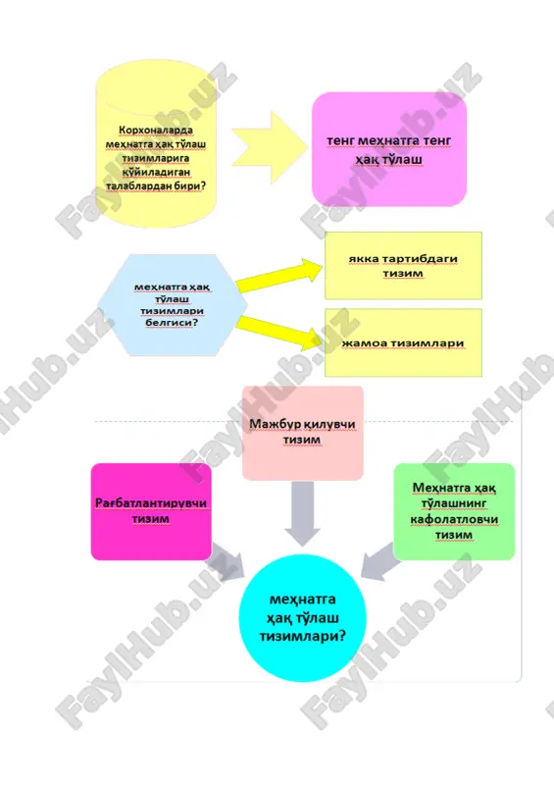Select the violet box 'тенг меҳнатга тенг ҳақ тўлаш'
point(389,149)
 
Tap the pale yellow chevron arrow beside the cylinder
point(270,148)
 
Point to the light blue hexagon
point(173,305)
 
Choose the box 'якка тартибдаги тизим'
point(403,266)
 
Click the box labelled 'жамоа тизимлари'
point(403,342)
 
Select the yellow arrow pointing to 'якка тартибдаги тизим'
point(279,276)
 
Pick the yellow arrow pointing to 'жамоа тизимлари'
point(279,333)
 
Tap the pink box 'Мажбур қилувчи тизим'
point(303,433)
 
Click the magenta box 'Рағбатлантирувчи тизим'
point(151,511)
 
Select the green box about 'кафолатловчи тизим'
point(454,511)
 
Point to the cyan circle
point(302,618)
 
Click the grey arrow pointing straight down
point(302,513)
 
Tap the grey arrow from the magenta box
point(227,561)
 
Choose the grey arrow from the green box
point(380,561)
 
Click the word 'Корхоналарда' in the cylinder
point(156,131)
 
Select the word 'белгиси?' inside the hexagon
point(172,323)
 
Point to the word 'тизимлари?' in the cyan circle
point(302,636)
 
